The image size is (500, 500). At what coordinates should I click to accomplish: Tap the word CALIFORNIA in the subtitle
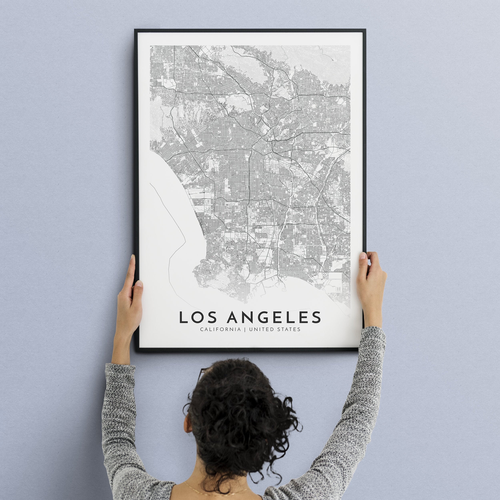(220, 329)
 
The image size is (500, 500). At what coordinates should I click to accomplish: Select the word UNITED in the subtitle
(260, 329)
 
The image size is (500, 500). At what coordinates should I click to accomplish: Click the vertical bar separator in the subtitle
(245, 329)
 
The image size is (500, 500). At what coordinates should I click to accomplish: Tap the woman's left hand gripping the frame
(131, 295)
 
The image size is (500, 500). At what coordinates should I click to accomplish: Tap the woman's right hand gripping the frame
(370, 280)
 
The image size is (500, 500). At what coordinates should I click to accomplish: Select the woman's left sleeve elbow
(114, 424)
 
